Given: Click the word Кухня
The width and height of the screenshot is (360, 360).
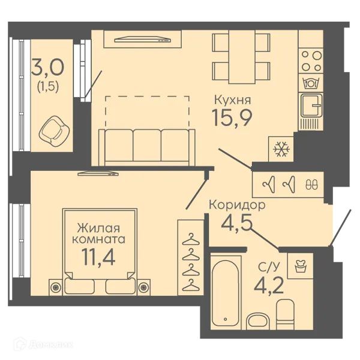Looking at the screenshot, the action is pos(232,100).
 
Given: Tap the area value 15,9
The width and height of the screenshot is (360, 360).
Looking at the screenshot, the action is pos(232,118).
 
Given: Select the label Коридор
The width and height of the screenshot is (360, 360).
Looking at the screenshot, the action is pos(237,205).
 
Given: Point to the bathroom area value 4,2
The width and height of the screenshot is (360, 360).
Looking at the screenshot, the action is pos(269,286).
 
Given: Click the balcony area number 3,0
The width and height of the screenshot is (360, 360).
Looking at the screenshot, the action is pos(48,67).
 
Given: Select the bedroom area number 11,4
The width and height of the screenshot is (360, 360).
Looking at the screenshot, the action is pos(98,257).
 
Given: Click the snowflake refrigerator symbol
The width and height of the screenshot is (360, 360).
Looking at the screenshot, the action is pos(281,149).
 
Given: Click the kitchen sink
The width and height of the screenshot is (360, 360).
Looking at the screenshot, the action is pos(311,106).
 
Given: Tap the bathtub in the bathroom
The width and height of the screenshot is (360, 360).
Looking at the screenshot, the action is pos(226,292).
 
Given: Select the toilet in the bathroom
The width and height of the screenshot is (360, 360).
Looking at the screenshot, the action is pos(286,314).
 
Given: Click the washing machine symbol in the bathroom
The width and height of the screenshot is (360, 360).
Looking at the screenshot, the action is pos(301,266).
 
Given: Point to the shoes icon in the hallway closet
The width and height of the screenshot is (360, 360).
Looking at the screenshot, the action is pos(311,184).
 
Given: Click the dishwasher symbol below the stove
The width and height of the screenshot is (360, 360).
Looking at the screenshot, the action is pos(311,83).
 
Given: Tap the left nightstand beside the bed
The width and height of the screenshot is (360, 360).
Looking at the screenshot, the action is pos(56,287).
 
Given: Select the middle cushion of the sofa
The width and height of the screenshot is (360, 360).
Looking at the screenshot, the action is pos(147,145).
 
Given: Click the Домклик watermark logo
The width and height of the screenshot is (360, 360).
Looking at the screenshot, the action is pos(43,344).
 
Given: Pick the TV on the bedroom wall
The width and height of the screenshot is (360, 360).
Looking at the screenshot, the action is pos(98,173).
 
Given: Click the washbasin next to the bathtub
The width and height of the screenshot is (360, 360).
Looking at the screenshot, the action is pos(259,321).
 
